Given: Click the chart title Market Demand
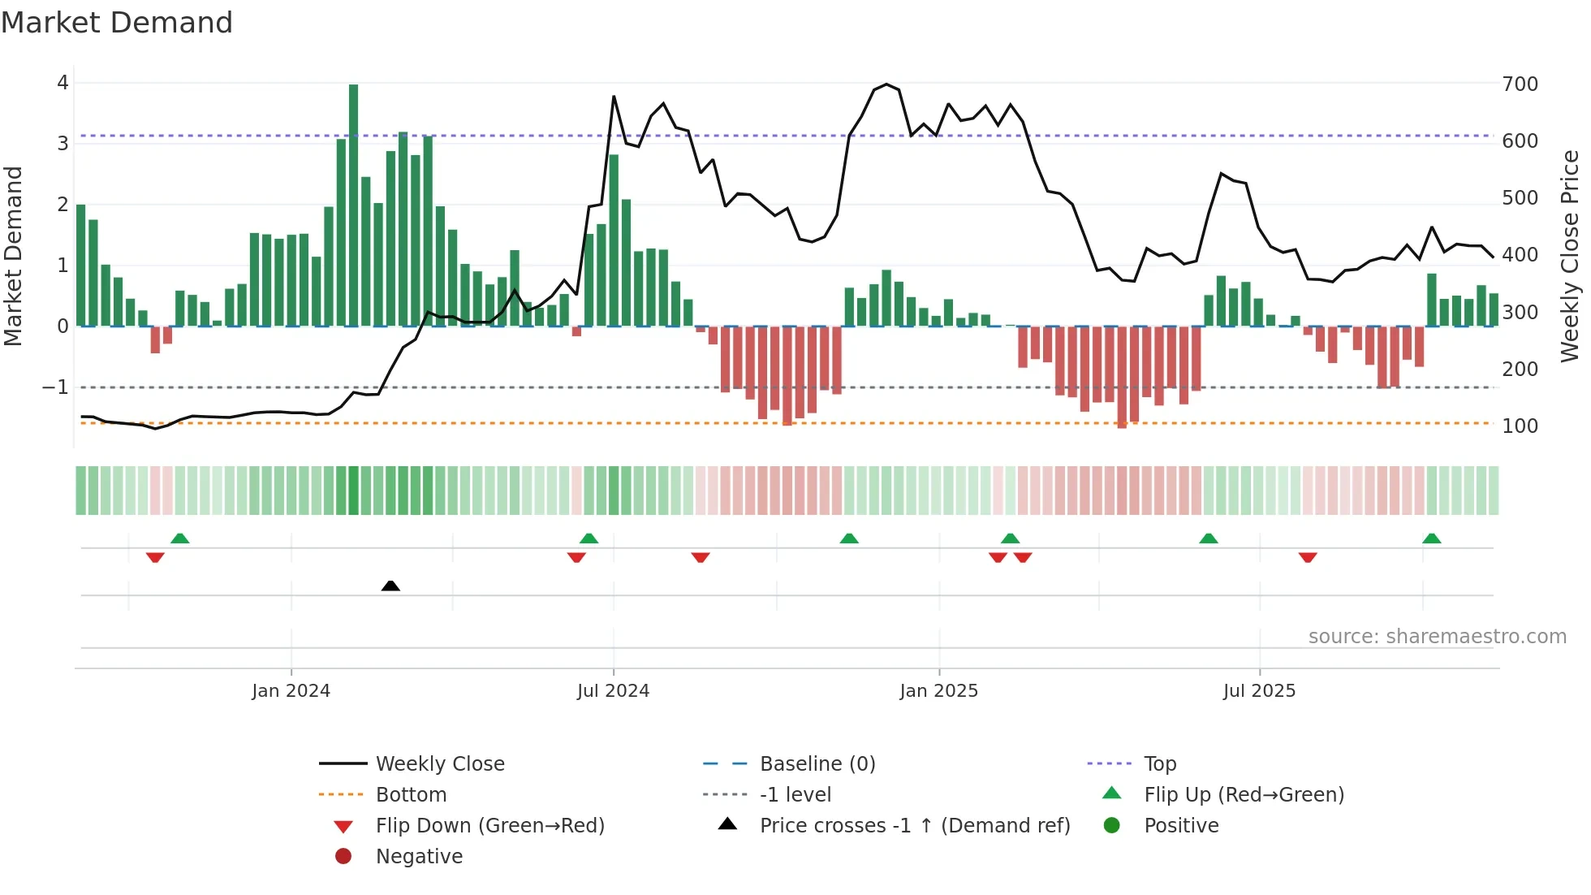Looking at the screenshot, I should (x=117, y=23).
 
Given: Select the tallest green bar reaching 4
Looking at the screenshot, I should (x=353, y=203).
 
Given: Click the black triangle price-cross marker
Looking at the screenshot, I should (x=390, y=586).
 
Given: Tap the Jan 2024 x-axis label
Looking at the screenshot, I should (x=291, y=691).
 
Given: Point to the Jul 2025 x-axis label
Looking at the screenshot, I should (x=1259, y=691).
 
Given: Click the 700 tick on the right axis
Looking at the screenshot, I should (x=1520, y=84).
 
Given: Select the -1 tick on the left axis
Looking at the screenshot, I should (x=55, y=387).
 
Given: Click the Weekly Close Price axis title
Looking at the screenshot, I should (x=1570, y=256).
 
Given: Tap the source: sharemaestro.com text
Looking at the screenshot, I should (x=1437, y=637).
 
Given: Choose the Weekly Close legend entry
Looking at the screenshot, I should (x=439, y=764).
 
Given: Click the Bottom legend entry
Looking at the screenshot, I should (x=411, y=795).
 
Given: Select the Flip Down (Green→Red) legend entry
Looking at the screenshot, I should (x=489, y=826).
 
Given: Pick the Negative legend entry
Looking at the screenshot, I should (x=419, y=857).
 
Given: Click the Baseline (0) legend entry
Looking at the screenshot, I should (x=817, y=764).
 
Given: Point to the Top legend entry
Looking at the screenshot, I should (x=1159, y=764).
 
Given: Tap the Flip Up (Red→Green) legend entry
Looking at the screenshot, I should (x=1244, y=795).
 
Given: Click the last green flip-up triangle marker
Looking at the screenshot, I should (x=1431, y=538).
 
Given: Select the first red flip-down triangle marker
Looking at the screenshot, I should (x=155, y=557).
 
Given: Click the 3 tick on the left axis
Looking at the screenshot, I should (x=63, y=144).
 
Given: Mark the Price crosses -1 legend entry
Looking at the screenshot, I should (x=914, y=826).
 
